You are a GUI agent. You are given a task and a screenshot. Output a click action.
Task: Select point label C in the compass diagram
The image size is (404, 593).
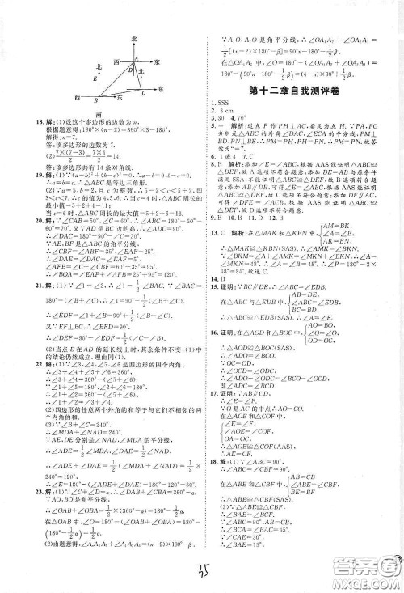142,92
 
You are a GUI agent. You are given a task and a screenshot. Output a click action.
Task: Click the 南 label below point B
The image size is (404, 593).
98,115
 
